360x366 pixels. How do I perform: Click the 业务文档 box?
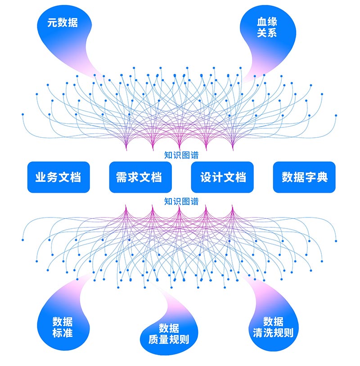tap(58, 177)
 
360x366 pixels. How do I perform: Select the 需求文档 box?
tap(140, 177)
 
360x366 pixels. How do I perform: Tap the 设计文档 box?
tap(222, 177)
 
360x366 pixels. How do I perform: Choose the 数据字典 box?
tap(304, 177)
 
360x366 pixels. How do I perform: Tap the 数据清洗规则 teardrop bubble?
tap(273, 327)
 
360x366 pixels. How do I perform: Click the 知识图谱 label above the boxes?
tap(181, 156)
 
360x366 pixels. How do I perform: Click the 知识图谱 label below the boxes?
tap(181, 201)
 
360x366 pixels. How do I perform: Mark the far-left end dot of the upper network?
tap(22, 115)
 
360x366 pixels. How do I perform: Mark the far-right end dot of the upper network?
tap(336, 115)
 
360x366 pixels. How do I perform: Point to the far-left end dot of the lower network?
tap(22, 239)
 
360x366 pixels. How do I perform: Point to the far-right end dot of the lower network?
tap(336, 239)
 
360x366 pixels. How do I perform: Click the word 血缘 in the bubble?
tap(266, 22)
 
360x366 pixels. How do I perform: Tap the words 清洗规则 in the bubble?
tap(273, 334)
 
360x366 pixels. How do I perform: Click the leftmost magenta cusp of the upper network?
tap(126, 149)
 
